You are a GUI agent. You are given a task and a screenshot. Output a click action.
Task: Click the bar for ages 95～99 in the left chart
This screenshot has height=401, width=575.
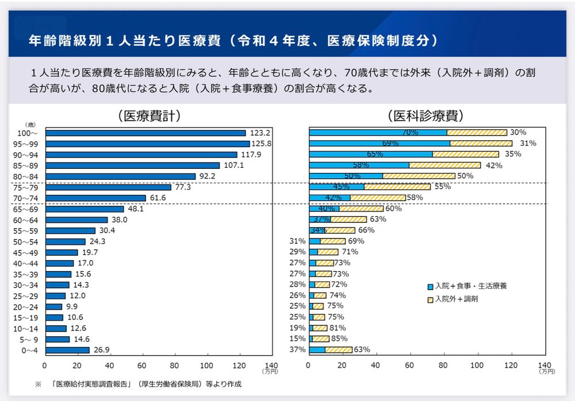coord(147,144)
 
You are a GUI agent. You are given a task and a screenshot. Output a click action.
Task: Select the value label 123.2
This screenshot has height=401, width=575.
coord(256,133)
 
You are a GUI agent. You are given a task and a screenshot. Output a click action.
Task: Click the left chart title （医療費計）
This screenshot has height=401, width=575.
coord(149,116)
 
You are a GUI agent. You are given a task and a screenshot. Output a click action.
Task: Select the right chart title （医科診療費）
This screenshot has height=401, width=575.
coord(426,116)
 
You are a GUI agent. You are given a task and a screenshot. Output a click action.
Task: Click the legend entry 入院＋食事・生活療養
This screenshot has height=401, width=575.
coord(470,286)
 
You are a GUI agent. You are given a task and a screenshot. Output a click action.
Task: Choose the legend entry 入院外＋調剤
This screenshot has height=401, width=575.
coord(457,299)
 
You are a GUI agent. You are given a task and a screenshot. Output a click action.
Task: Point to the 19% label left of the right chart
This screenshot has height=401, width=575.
coord(298,328)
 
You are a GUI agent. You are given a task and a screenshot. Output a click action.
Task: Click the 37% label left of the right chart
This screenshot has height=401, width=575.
coord(298,350)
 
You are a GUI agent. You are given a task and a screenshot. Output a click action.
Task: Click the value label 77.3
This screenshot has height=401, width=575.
coord(182,187)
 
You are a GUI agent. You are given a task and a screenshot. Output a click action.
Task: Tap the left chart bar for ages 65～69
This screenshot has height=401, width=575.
coord(85,209)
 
